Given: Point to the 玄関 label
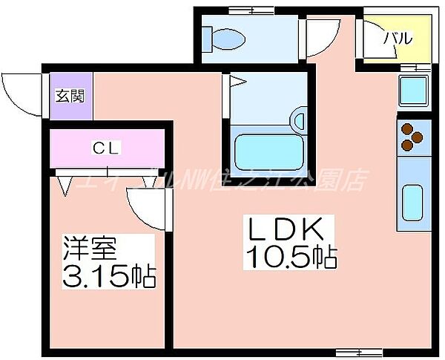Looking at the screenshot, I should [70, 96].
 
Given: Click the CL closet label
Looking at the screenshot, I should [107, 148].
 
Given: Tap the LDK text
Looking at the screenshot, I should [290, 228].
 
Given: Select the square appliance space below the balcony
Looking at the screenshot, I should [414, 91].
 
